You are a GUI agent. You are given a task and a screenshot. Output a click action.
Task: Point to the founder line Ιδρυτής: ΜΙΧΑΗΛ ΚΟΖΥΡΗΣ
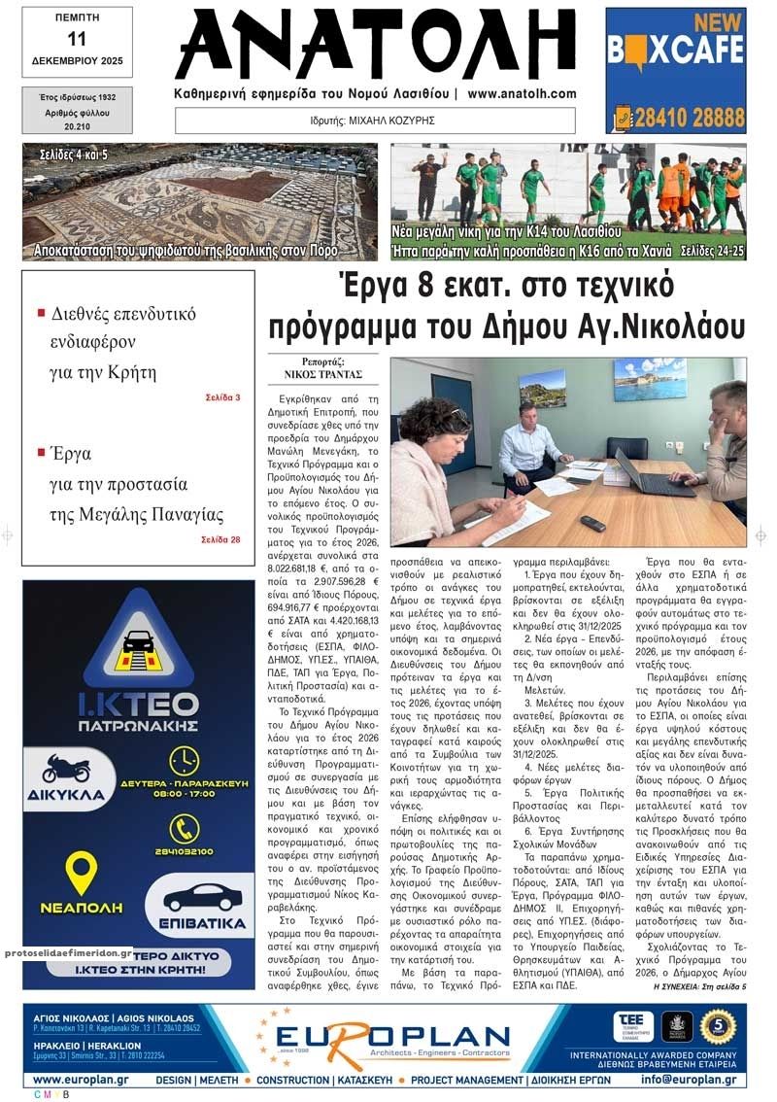point(375,121)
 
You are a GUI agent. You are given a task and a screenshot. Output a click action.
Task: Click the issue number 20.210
point(77,126)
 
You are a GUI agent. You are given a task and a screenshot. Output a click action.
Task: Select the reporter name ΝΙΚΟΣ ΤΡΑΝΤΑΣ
point(329,373)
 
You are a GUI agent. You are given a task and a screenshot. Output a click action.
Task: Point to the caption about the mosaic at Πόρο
point(199,251)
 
